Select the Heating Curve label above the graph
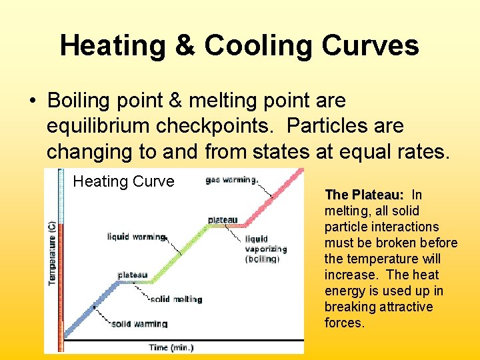click(x=123, y=181)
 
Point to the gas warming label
click(x=232, y=180)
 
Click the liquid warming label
click(x=136, y=237)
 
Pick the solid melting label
click(x=176, y=299)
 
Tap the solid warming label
click(x=139, y=324)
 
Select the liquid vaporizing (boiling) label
click(x=266, y=249)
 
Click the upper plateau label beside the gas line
click(x=222, y=219)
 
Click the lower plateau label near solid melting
click(x=133, y=275)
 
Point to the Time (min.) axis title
click(x=171, y=347)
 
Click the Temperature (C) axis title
click(x=52, y=253)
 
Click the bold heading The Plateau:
click(x=364, y=195)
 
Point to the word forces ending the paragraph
click(x=345, y=323)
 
